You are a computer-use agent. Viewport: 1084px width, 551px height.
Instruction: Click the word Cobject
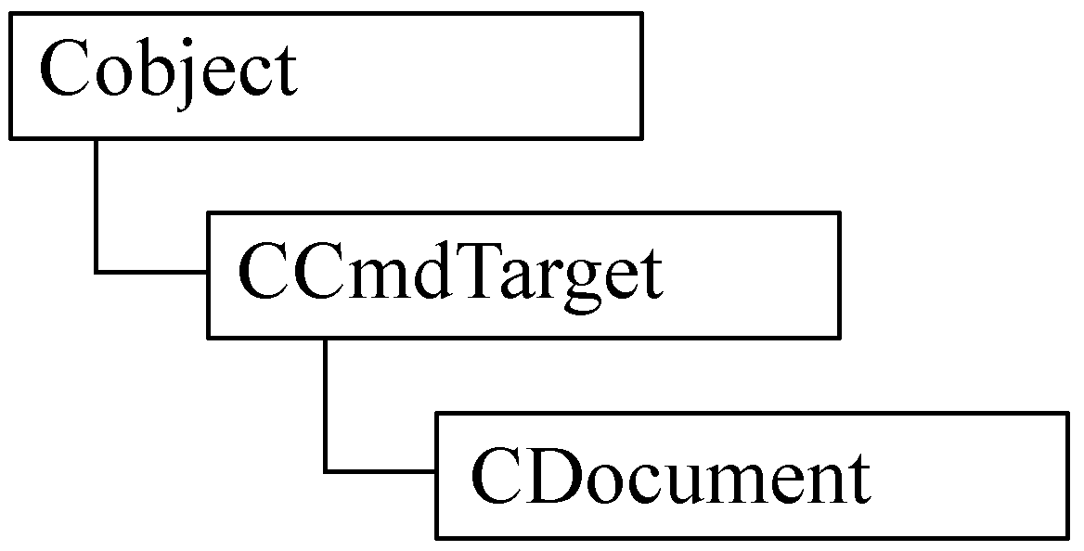click(x=168, y=72)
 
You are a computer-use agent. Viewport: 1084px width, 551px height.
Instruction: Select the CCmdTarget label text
click(x=449, y=274)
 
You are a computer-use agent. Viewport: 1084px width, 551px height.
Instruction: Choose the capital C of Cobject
click(x=64, y=70)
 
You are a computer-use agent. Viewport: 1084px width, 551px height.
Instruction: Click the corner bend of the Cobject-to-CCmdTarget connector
click(x=97, y=273)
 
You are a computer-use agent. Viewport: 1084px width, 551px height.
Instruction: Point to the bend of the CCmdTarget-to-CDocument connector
click(x=326, y=472)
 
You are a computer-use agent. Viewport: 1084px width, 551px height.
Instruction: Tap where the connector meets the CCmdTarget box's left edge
click(x=208, y=273)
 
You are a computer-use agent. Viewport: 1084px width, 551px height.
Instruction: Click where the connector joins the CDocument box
click(x=436, y=472)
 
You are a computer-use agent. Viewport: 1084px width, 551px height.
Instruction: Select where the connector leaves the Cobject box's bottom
click(x=97, y=138)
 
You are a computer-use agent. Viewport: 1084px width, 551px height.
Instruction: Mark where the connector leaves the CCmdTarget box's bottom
click(x=326, y=338)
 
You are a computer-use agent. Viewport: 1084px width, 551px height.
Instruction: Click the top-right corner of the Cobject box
click(x=642, y=13)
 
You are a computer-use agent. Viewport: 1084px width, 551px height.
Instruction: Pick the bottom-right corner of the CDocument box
click(x=1068, y=537)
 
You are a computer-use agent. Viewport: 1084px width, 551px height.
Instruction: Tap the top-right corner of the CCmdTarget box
click(x=840, y=212)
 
